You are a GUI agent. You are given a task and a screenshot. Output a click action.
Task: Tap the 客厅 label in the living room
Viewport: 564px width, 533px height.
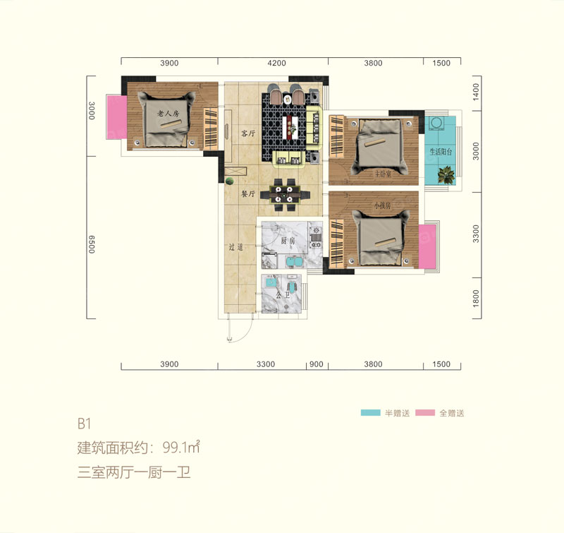247,133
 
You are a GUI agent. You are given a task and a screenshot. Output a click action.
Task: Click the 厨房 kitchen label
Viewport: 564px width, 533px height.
288,241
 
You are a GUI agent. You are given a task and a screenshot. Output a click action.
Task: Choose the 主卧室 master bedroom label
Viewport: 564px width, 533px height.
367,172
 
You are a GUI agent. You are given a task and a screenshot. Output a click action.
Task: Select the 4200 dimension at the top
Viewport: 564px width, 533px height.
276,64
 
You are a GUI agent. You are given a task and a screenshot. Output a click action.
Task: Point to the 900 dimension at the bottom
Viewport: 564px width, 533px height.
317,364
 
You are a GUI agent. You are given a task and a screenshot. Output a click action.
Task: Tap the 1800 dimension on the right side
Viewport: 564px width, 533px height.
477,299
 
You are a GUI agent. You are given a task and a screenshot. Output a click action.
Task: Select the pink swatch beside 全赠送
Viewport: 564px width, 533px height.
426,413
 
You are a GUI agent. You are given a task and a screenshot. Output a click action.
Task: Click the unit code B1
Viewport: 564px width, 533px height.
85,424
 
